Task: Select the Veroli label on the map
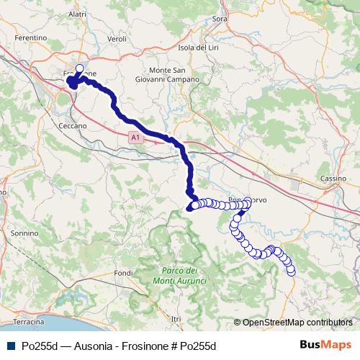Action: (x=116, y=38)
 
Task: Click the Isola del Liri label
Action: (x=197, y=47)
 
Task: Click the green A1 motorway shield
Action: (x=135, y=136)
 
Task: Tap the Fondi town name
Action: (x=124, y=273)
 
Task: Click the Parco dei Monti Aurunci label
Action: (x=181, y=274)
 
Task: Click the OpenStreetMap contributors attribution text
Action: (x=297, y=323)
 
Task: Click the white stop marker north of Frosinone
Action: (x=78, y=69)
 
